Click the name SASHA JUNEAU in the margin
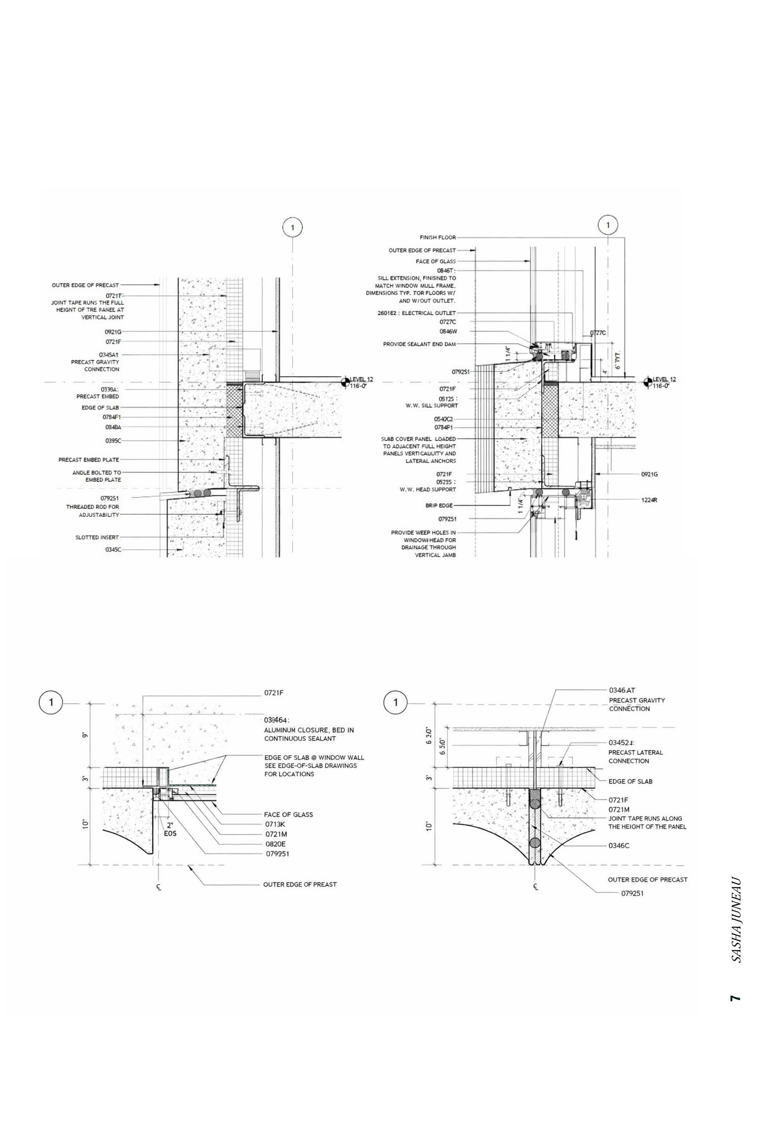tap(736, 919)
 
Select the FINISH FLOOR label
tap(437, 238)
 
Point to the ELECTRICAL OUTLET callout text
tap(429, 313)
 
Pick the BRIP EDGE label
tap(439, 505)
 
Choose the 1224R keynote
tap(649, 500)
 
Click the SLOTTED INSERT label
tap(97, 537)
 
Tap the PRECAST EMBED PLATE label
tap(88, 460)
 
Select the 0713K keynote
tap(275, 824)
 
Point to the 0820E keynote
tap(275, 844)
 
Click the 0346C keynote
tap(619, 846)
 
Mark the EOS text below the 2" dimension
tap(170, 833)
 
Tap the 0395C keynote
tap(113, 440)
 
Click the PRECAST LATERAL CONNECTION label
tap(635, 757)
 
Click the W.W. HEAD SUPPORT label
tap(427, 489)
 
